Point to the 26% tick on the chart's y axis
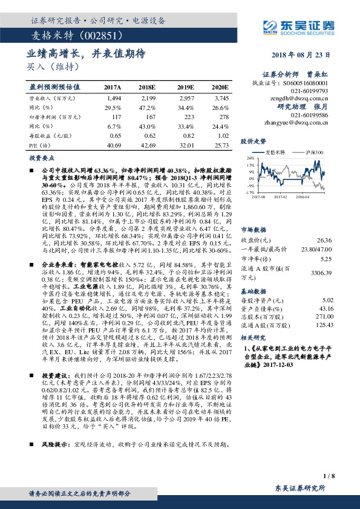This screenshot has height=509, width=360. coord(250,159)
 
